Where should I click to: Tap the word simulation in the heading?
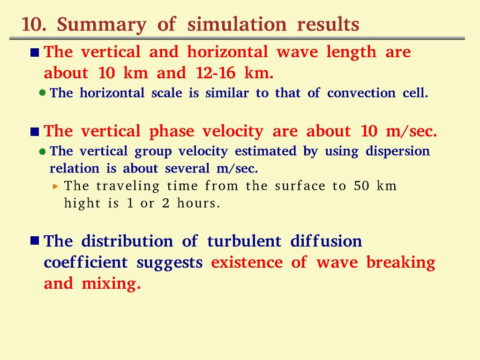point(237,24)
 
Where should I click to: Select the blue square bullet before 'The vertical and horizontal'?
point(35,52)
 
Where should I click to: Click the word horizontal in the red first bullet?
point(227,52)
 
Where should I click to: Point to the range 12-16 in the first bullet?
point(216,73)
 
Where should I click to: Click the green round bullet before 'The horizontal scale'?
point(43,92)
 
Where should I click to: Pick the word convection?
point(361,93)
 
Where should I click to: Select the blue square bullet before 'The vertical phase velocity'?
point(35,132)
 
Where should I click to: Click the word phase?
point(172,132)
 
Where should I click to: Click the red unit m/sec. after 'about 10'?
point(412,131)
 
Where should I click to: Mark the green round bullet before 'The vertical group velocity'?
point(43,151)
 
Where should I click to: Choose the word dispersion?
point(397,151)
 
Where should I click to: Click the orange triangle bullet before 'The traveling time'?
point(55,186)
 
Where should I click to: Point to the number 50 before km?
point(361,186)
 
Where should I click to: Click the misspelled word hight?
point(82,203)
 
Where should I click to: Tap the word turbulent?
point(244,241)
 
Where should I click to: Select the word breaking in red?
point(401,263)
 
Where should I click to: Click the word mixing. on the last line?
point(111,284)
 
